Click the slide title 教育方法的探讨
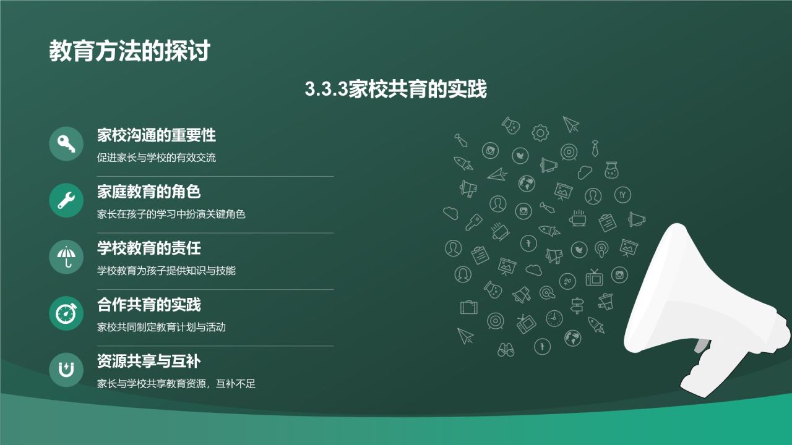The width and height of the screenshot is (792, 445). click(x=130, y=51)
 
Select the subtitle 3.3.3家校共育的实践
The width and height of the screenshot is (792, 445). click(x=396, y=90)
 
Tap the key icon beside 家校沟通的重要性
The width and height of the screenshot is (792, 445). click(x=66, y=143)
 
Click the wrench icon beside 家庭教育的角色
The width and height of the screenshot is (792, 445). click(x=66, y=200)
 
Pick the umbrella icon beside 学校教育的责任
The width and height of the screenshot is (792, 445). click(x=66, y=256)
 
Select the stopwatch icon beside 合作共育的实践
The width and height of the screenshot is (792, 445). click(x=66, y=313)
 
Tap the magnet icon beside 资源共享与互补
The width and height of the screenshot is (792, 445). click(x=66, y=370)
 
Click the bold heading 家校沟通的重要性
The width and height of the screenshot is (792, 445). click(x=157, y=135)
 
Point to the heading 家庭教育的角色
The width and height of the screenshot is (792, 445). click(x=149, y=192)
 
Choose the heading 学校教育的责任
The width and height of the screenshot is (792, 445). click(x=149, y=248)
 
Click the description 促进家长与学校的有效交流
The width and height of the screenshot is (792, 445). click(x=157, y=158)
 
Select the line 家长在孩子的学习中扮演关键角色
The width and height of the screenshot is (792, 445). click(x=171, y=214)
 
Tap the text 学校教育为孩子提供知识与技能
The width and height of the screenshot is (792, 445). click(x=166, y=271)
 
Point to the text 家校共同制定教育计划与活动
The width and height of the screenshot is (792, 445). click(x=161, y=327)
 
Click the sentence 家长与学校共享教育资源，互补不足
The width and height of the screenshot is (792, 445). click(x=176, y=384)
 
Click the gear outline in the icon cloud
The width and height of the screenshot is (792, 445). click(x=541, y=132)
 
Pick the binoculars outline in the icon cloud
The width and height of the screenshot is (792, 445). click(x=506, y=349)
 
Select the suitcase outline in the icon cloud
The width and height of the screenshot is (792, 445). click(x=468, y=307)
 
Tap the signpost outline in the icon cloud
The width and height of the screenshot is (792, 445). click(x=577, y=305)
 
